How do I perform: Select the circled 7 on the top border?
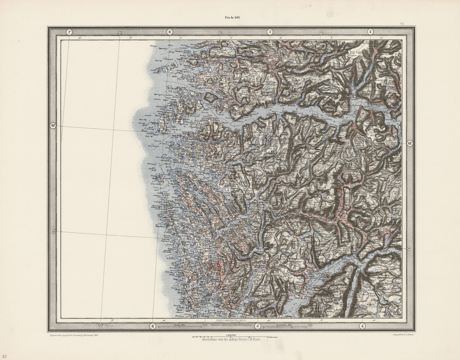click(69, 32)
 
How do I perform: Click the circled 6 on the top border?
click(169, 32)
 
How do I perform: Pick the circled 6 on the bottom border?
click(153, 326)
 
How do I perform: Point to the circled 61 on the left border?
click(53, 125)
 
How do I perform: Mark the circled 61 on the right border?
click(409, 143)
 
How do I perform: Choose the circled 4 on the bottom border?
click(362, 326)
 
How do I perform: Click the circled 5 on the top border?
click(270, 32)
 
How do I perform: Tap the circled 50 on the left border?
click(54, 231)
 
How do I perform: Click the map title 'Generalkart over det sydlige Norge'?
click(231, 340)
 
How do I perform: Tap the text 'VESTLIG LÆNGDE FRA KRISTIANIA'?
click(231, 325)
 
